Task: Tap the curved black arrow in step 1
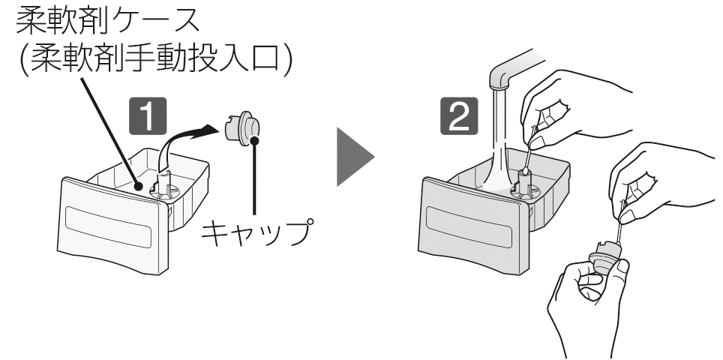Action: (187, 139)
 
